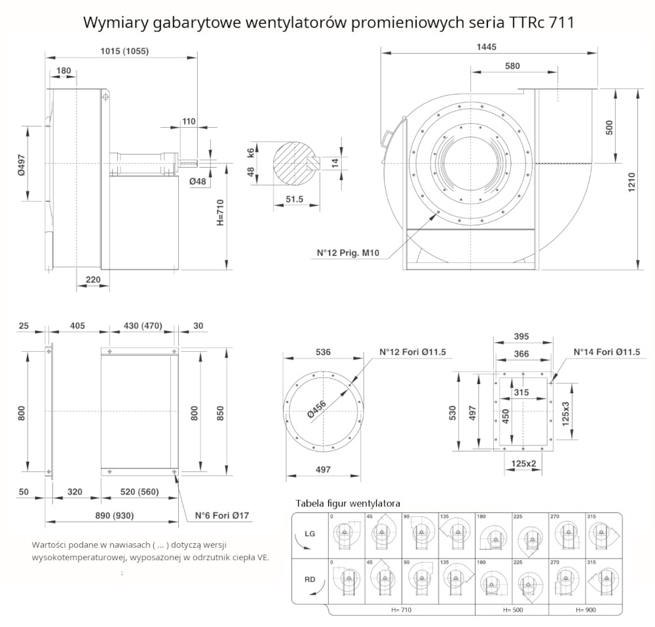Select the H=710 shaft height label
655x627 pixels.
point(221,212)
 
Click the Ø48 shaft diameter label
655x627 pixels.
point(198,181)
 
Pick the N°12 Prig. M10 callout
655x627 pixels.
point(349,252)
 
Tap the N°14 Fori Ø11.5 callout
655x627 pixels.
point(607,352)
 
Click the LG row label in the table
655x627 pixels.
point(310,534)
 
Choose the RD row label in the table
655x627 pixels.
point(310,579)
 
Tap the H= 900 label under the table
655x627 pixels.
point(586,609)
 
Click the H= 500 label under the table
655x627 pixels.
point(513,609)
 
